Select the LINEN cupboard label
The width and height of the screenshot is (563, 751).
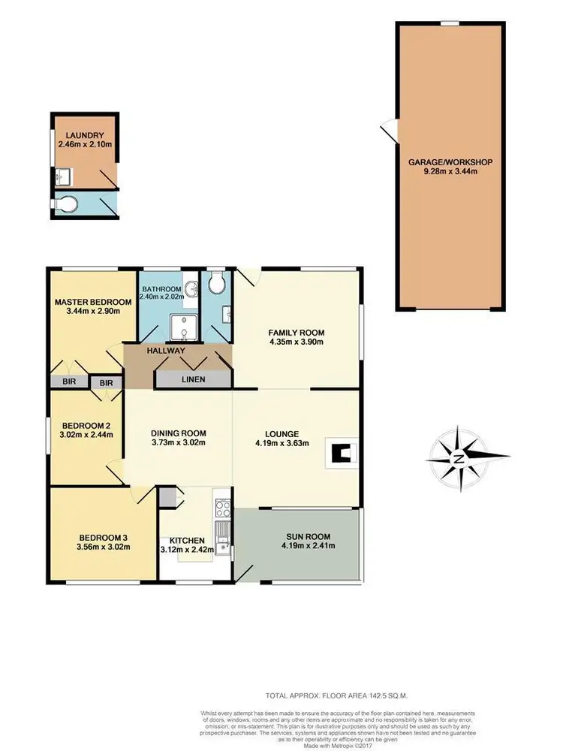click(192, 380)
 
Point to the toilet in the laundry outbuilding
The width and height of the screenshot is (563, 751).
click(66, 203)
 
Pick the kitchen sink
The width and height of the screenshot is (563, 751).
click(223, 535)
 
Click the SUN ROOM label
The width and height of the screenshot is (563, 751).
click(308, 536)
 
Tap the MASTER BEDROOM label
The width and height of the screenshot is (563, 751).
click(92, 303)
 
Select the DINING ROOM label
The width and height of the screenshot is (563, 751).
click(179, 433)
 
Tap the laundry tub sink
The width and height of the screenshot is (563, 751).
click(63, 176)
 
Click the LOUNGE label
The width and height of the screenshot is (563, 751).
click(282, 433)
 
